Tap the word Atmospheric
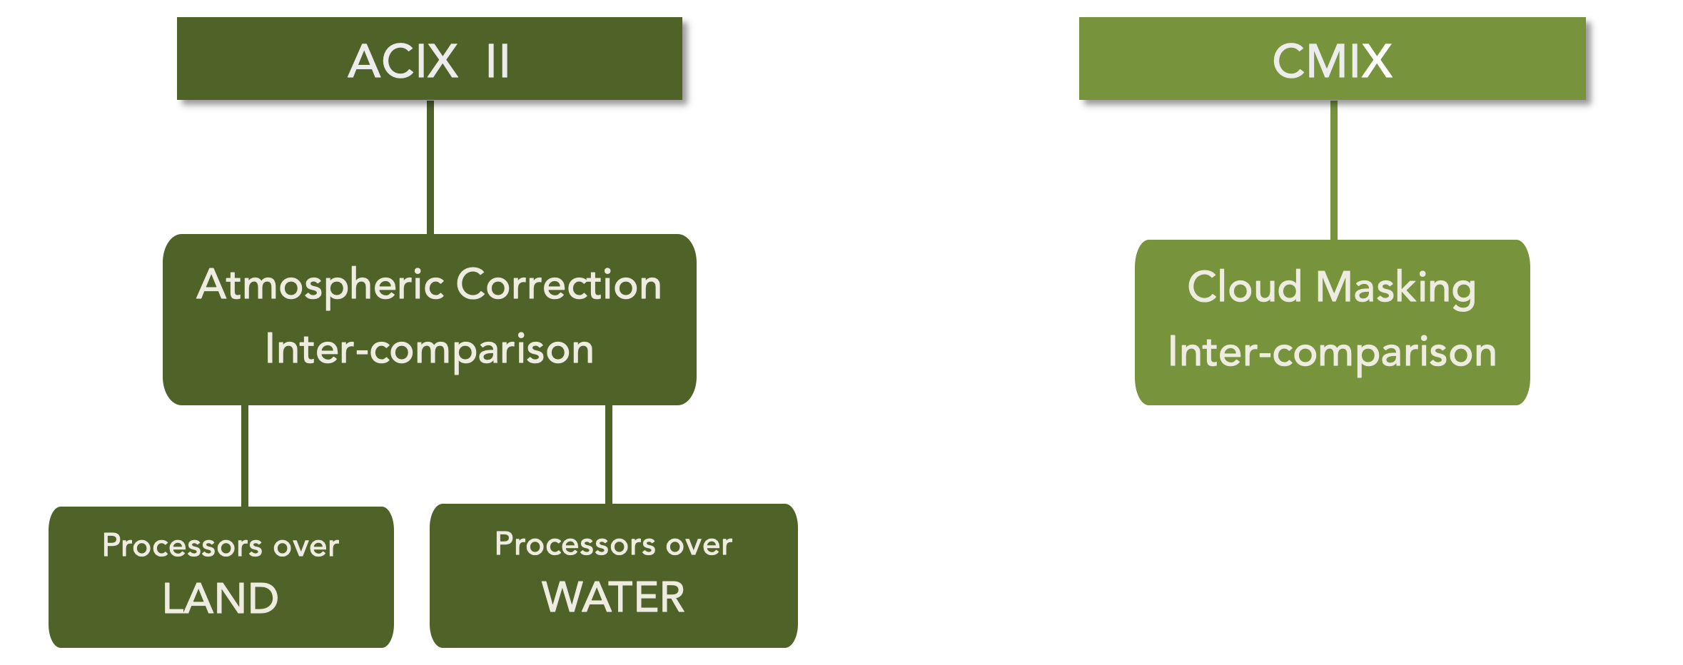click(x=321, y=285)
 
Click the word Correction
click(x=559, y=285)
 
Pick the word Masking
click(x=1395, y=288)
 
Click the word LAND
click(x=221, y=598)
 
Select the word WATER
click(x=613, y=597)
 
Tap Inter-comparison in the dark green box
click(x=429, y=350)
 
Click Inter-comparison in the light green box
click(x=1332, y=352)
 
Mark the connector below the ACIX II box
click(x=430, y=167)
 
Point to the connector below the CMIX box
click(x=1333, y=170)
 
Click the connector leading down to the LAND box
click(x=245, y=455)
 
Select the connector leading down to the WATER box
click(x=609, y=454)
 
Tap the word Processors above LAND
click(x=182, y=546)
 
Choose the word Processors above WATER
click(x=575, y=544)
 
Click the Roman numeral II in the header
click(x=497, y=61)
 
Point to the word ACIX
click(x=403, y=61)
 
